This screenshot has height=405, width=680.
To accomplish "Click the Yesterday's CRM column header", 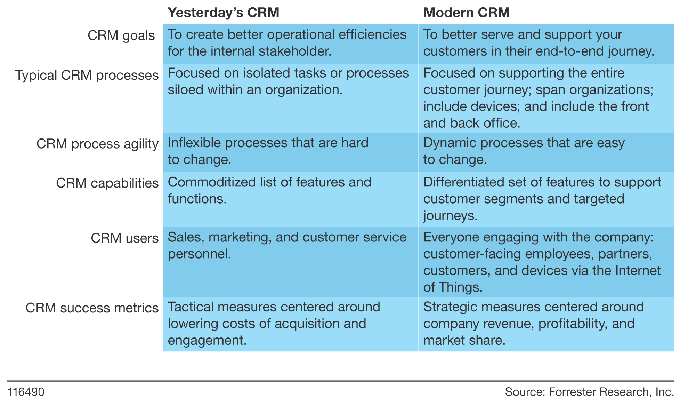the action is click(x=224, y=13).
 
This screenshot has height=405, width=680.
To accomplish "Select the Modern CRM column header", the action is click(x=467, y=13).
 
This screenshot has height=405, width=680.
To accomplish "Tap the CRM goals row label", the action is click(x=121, y=35).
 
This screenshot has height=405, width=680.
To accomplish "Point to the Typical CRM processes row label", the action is click(x=87, y=75).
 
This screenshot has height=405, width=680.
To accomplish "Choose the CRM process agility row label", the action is click(x=98, y=144).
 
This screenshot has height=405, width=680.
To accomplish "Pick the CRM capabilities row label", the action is click(x=107, y=183).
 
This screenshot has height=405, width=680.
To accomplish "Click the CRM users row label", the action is click(x=125, y=238).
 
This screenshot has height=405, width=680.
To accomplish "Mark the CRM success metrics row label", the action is click(x=92, y=308).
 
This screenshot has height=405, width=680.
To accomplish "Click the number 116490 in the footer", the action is click(x=26, y=392).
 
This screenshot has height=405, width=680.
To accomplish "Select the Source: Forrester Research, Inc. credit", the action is click(x=590, y=392).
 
